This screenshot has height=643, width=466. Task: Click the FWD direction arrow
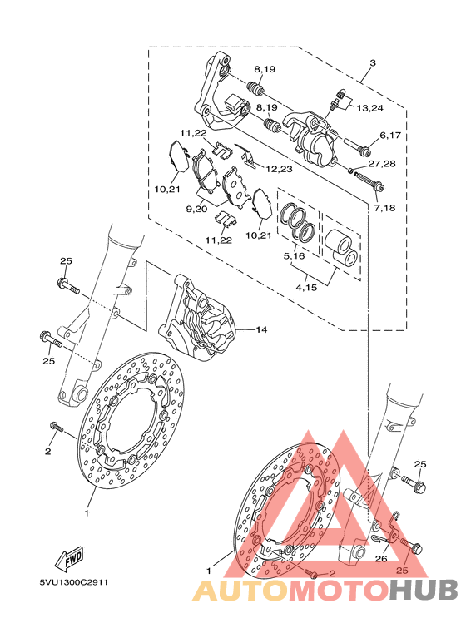click(70, 559)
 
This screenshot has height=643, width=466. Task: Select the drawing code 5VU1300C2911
click(73, 583)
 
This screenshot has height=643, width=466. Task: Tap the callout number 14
click(262, 329)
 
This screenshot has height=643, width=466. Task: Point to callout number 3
click(373, 62)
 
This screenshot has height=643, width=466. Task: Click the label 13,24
click(370, 108)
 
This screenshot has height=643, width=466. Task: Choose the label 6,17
click(390, 135)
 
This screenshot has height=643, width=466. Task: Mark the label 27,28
click(382, 164)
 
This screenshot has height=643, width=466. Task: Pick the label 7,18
click(384, 208)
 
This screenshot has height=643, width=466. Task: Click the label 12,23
click(279, 169)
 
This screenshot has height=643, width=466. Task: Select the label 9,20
click(196, 209)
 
